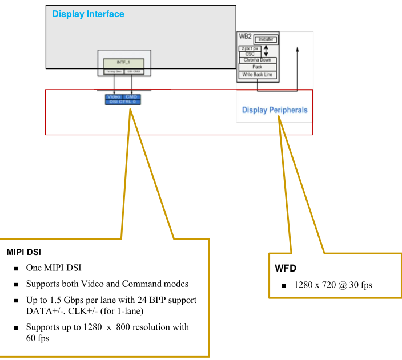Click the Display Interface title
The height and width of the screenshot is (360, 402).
[x=88, y=14]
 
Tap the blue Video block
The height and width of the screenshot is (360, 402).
[x=114, y=97]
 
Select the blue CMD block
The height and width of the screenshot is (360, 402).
[x=132, y=97]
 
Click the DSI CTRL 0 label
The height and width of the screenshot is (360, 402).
[x=123, y=102]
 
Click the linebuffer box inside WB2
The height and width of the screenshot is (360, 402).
[x=266, y=39]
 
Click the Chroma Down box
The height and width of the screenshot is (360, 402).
[x=257, y=60]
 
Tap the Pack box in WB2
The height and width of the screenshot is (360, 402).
[x=257, y=67]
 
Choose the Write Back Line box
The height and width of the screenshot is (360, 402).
[x=257, y=74]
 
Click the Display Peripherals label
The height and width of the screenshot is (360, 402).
[x=274, y=110]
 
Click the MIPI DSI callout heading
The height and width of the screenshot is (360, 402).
[x=23, y=252]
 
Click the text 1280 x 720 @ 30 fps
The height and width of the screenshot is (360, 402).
[x=333, y=284]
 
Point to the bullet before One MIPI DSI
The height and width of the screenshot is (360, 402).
[x=15, y=268]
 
